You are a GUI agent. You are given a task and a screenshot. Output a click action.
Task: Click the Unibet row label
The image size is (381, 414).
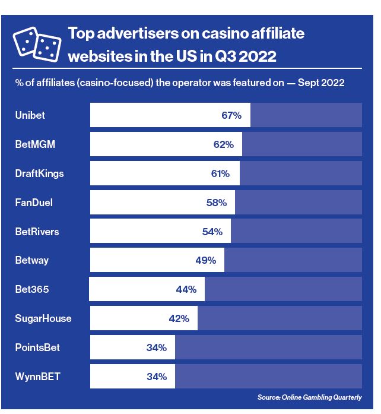click(30, 115)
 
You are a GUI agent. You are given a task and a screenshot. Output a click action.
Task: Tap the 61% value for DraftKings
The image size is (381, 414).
click(220, 173)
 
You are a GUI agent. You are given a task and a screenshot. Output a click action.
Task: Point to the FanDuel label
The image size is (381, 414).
click(34, 203)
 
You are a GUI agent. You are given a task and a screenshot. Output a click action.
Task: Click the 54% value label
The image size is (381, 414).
click(212, 232)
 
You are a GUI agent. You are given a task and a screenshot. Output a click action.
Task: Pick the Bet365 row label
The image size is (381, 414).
click(32, 289)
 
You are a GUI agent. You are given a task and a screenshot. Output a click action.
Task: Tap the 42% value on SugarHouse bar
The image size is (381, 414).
click(179, 318)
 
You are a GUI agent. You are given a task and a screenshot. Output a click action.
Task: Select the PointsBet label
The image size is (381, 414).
click(37, 347)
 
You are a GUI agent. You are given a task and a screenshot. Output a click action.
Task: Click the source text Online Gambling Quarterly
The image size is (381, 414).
click(309, 397)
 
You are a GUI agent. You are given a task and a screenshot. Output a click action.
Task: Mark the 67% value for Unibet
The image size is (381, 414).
click(231, 115)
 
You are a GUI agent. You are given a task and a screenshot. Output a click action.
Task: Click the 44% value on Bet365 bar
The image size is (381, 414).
click(186, 289)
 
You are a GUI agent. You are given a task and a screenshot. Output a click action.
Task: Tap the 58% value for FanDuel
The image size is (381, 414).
click(217, 203)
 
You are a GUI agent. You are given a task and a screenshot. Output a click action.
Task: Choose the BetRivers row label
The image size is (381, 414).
click(37, 232)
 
